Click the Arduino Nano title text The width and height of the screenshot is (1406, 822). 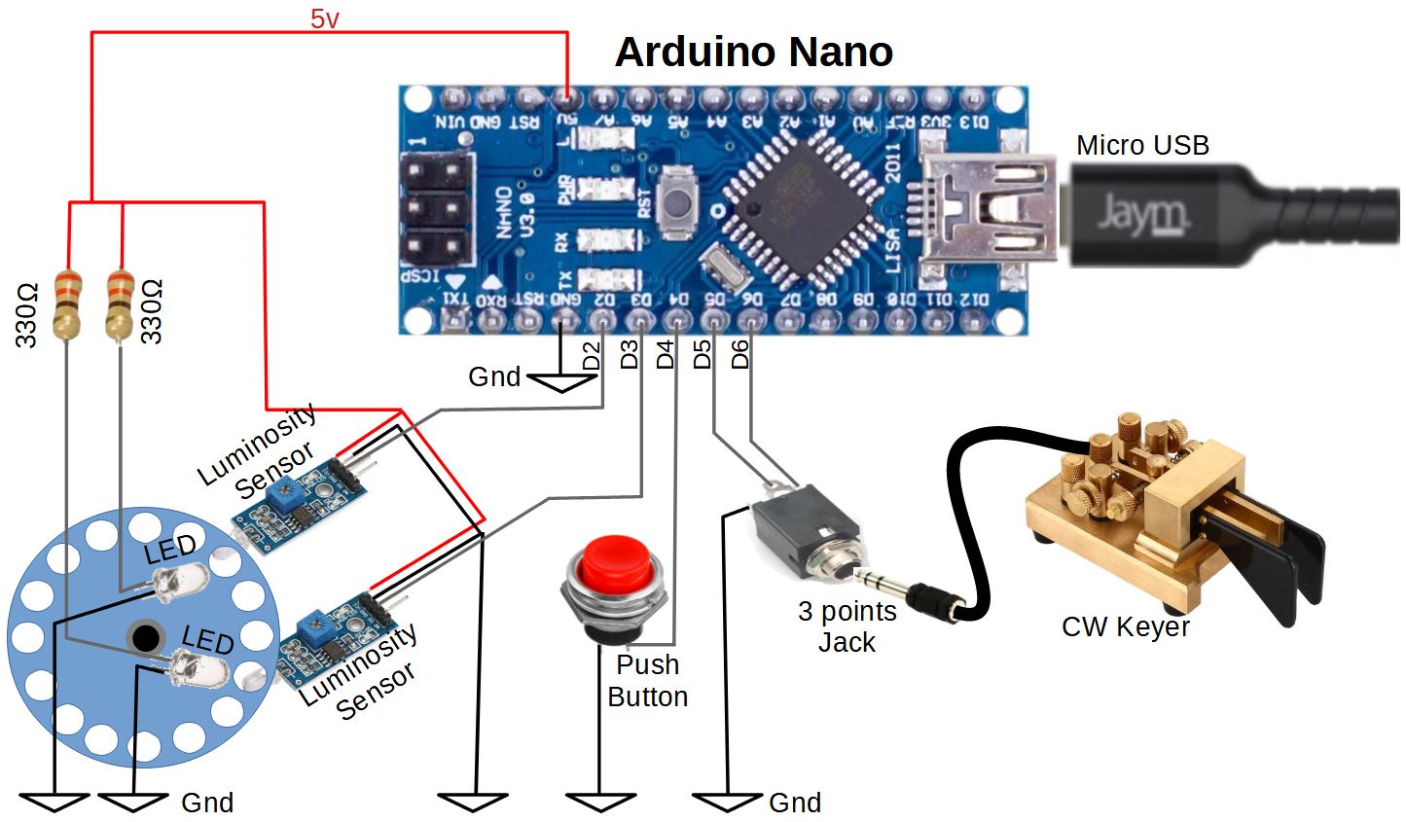753,52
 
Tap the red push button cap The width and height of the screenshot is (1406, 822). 615,561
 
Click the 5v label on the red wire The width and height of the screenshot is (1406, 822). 325,18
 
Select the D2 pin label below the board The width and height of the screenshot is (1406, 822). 591,356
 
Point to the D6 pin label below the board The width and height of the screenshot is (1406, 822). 740,355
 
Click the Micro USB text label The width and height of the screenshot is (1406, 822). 1142,146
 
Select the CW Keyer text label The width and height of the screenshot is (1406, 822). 1125,627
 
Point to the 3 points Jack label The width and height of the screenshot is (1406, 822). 847,626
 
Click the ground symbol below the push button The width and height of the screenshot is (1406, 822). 599,802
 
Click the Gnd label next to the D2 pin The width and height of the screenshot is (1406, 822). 494,377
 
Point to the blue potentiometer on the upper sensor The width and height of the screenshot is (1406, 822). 282,492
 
